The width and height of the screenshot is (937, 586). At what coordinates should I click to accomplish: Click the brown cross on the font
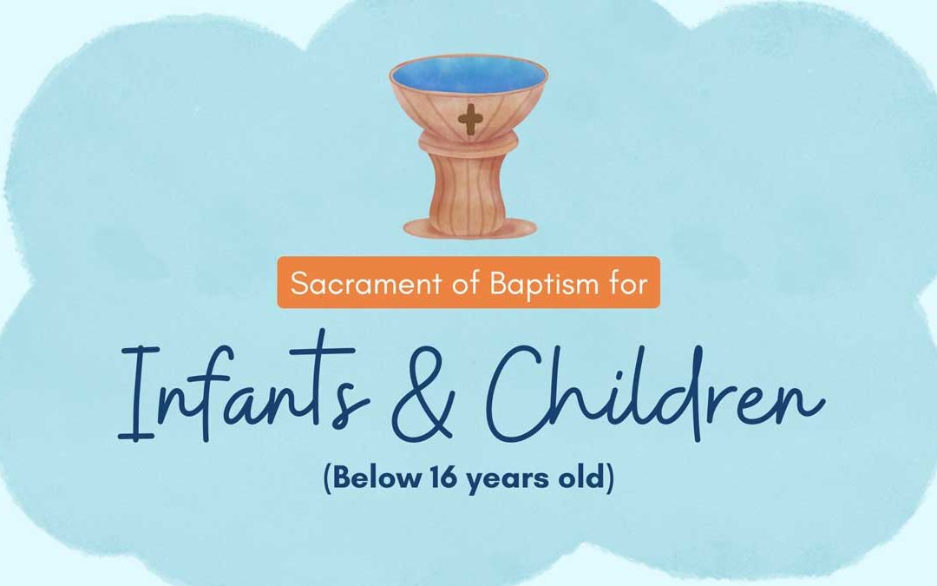tap(469, 120)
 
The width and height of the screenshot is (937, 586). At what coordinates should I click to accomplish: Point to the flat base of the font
tap(468, 228)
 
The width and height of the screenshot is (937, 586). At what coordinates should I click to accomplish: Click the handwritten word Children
tap(651, 391)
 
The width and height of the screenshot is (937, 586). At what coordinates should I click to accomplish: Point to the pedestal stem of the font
tap(468, 191)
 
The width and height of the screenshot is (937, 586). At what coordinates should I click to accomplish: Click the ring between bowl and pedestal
tap(468, 148)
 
